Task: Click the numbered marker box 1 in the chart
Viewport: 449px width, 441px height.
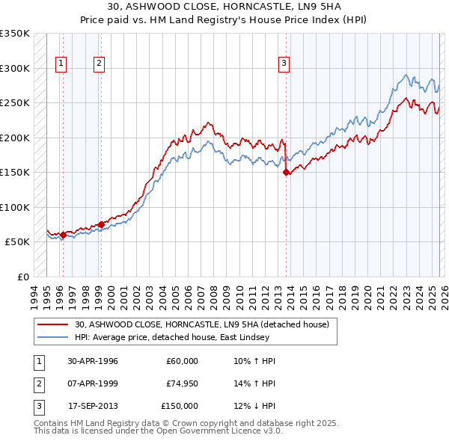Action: point(61,64)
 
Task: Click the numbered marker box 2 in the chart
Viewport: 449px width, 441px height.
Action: point(99,64)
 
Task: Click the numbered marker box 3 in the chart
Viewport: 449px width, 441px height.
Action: point(284,64)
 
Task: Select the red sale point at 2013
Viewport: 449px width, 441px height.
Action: point(287,172)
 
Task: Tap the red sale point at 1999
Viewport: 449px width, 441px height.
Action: point(101,224)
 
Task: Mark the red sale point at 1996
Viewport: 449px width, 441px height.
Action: point(63,235)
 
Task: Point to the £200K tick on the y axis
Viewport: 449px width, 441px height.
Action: point(15,138)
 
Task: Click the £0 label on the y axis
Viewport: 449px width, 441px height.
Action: point(22,277)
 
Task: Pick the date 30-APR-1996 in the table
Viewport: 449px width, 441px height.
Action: point(93,361)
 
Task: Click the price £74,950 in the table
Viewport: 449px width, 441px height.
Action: point(182,383)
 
